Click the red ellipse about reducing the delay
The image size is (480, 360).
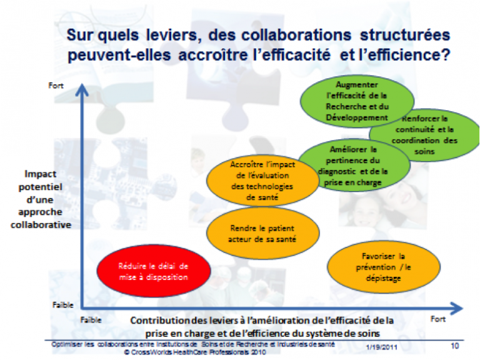point(154,271)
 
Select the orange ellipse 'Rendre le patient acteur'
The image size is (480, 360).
point(263,233)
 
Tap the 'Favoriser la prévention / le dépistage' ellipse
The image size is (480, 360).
point(384,267)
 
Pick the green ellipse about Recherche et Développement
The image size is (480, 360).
point(357,101)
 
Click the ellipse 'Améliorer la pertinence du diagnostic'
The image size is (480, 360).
point(354,165)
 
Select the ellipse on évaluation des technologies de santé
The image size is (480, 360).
point(262,181)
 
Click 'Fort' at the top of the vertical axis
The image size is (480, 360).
point(56,86)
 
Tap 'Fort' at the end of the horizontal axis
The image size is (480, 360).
point(437,319)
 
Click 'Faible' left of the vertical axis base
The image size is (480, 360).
point(63,305)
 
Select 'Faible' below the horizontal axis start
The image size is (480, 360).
point(91,320)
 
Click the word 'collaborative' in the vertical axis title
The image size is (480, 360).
point(41,225)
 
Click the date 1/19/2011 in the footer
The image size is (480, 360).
point(381,347)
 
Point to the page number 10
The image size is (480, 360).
point(454,346)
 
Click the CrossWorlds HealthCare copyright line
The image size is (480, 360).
point(195,352)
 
